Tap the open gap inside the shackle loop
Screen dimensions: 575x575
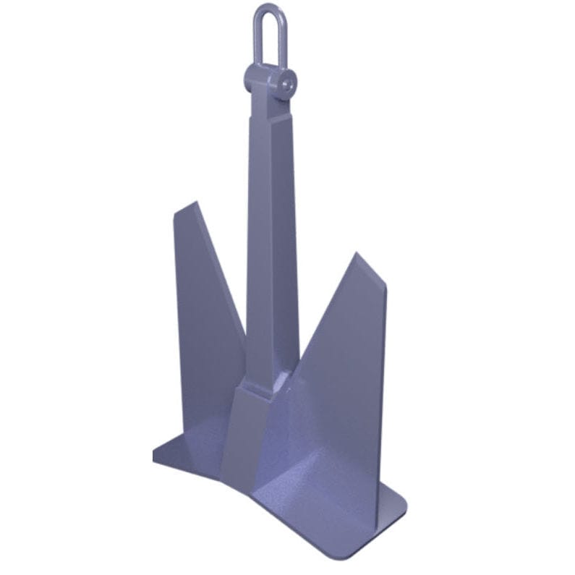coord(265,36)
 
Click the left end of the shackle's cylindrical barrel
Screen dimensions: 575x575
coord(249,74)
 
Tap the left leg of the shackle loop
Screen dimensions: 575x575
coord(257,36)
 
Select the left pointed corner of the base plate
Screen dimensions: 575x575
coord(156,454)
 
